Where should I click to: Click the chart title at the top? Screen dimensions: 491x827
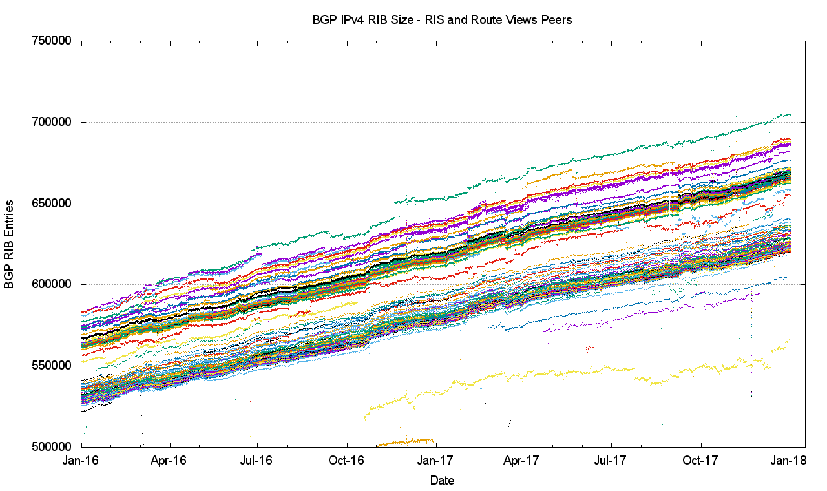[x=443, y=20]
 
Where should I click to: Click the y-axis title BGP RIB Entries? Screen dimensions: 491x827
[x=10, y=244]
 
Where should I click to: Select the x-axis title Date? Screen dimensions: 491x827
[x=443, y=481]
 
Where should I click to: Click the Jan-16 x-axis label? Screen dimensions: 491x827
[x=81, y=461]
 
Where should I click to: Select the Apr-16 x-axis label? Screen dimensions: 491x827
[x=169, y=461]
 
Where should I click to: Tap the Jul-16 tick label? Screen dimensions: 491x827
[x=257, y=461]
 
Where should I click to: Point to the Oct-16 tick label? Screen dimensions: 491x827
[x=347, y=461]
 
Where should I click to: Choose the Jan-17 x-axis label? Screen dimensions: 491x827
[x=436, y=461]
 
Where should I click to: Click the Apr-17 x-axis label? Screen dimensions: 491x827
[x=523, y=461]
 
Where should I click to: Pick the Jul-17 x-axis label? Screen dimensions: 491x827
[x=611, y=461]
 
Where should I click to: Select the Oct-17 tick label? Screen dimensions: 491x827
[x=700, y=461]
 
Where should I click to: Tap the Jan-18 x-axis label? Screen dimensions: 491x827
[x=790, y=461]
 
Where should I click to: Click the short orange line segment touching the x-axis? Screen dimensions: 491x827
[x=406, y=442]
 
